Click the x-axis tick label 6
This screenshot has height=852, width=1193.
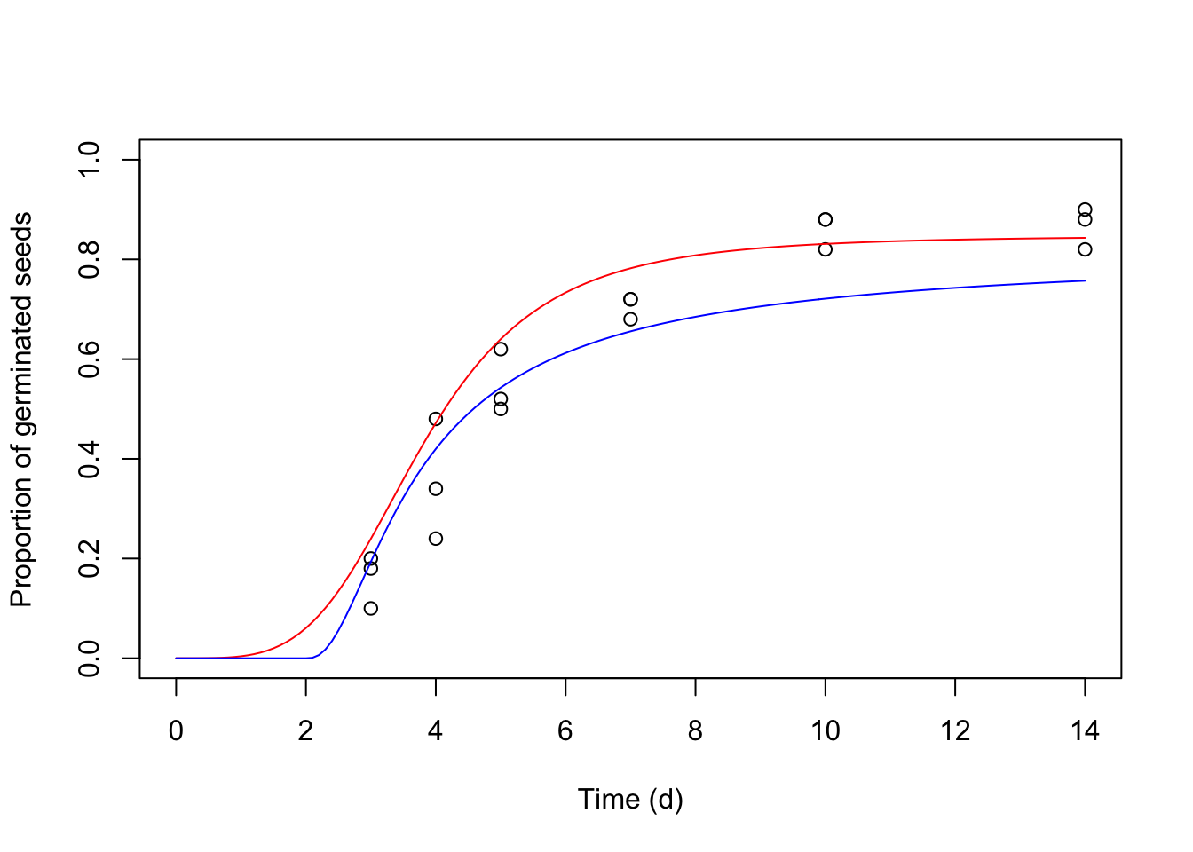pyautogui.click(x=565, y=731)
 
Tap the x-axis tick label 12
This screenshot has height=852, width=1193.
pyautogui.click(x=955, y=731)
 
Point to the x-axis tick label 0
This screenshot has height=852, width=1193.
pyautogui.click(x=176, y=731)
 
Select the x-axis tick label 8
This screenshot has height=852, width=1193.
pyautogui.click(x=695, y=731)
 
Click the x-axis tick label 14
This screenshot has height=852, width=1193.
pyautogui.click(x=1085, y=731)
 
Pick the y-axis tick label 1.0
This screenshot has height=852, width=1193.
pyautogui.click(x=90, y=160)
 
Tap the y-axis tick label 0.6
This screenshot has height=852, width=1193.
pyautogui.click(x=90, y=359)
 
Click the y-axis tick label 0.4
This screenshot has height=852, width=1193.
pyautogui.click(x=90, y=459)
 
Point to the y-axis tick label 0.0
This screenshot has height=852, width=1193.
pyautogui.click(x=90, y=659)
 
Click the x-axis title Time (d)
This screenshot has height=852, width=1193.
pyautogui.click(x=630, y=800)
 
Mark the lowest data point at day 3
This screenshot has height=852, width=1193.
pyautogui.click(x=371, y=608)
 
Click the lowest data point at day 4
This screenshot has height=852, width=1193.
pyautogui.click(x=436, y=539)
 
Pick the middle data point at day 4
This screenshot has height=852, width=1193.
pyautogui.click(x=436, y=489)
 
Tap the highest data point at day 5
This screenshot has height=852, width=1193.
pyautogui.click(x=501, y=349)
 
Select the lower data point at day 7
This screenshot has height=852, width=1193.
pyautogui.click(x=630, y=319)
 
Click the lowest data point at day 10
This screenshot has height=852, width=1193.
pyautogui.click(x=826, y=249)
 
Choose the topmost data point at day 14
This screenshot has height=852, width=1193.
pyautogui.click(x=1085, y=209)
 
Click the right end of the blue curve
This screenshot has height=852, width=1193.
pyautogui.click(x=1085, y=280)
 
